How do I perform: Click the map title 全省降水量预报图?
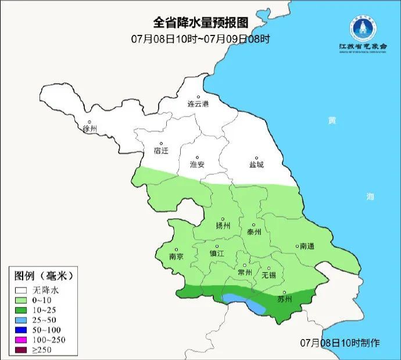coord(200,23)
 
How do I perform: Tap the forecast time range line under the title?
coord(200,39)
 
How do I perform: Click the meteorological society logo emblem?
coord(358,26)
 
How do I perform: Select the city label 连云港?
coord(198,104)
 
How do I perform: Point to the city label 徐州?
coord(90,128)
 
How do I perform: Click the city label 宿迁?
coord(160,151)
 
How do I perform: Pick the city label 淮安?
coord(198,164)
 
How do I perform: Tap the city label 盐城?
coord(256,164)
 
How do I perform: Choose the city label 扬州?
coord(223,226)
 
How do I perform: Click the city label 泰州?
coord(255,231)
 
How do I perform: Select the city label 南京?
coord(176,256)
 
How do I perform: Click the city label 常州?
coord(245,272)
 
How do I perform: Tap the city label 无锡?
coord(268,274)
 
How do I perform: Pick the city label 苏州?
coord(284,299)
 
